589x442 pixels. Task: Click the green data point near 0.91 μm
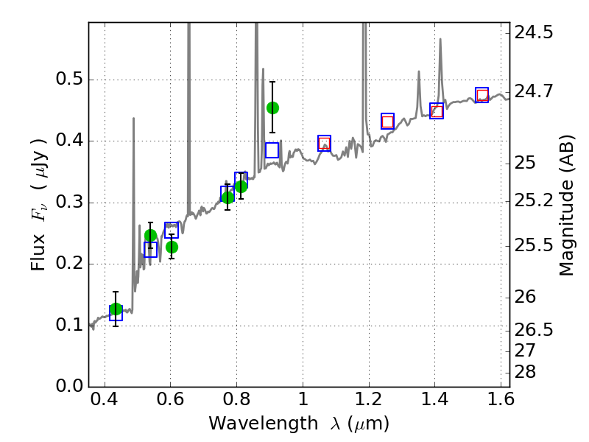tap(272, 108)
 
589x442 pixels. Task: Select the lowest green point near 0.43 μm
tap(116, 309)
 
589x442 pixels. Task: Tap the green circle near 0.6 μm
tap(172, 247)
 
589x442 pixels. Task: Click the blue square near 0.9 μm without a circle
tap(272, 150)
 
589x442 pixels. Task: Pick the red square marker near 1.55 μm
tap(482, 95)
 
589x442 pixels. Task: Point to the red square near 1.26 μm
tap(387, 122)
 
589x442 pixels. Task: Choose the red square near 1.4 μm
tap(437, 111)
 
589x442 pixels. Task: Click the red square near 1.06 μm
tap(324, 144)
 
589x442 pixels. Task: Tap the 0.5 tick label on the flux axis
tap(69, 80)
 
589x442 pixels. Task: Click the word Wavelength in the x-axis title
tap(253, 424)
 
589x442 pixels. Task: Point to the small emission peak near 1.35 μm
tap(419, 72)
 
